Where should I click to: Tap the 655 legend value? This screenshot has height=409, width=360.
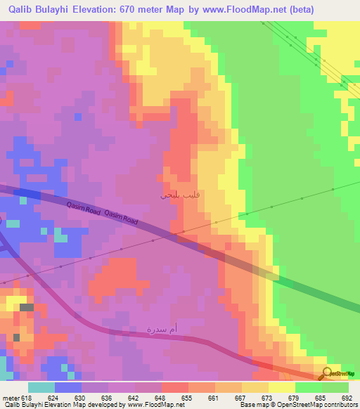click(187, 398)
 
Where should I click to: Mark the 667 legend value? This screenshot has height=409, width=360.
click(239, 398)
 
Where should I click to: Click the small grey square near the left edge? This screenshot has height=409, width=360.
click(26, 307)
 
